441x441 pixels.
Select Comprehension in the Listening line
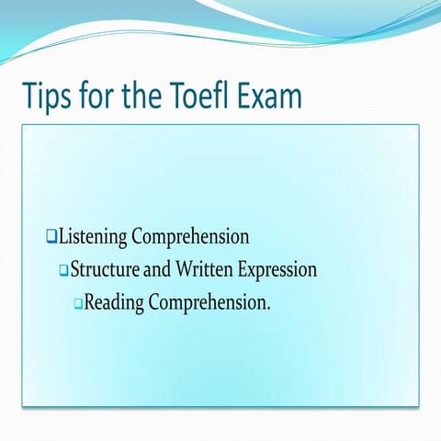tap(190, 238)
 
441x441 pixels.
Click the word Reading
tap(115, 302)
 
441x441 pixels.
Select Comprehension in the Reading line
tap(209, 303)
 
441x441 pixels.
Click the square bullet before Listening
tap(51, 237)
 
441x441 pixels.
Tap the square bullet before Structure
tap(64, 270)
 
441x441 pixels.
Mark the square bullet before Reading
tap(78, 302)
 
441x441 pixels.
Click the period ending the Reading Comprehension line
tap(268, 308)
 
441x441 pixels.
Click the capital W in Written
tap(188, 270)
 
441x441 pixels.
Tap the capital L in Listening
tap(63, 237)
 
